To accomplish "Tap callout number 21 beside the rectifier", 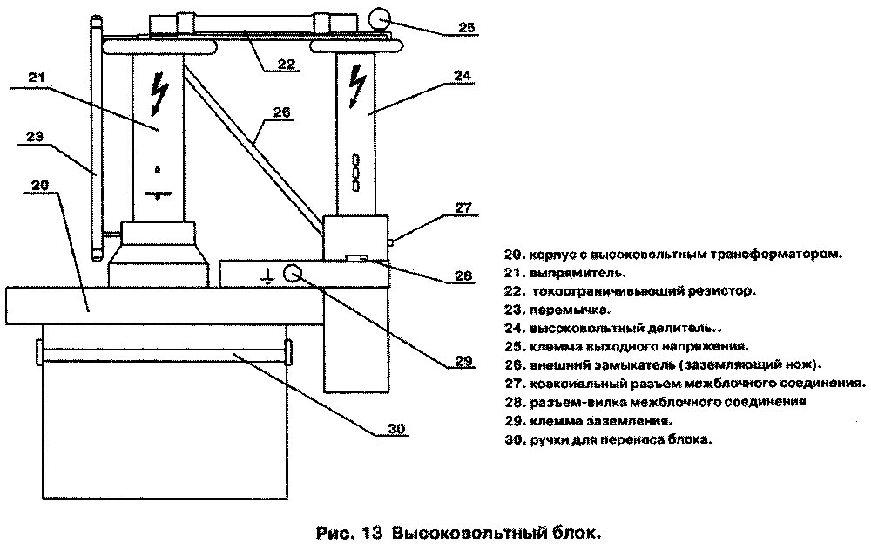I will (35, 77).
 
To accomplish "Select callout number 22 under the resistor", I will (286, 63).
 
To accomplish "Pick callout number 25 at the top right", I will (467, 27).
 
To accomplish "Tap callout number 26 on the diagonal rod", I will (280, 112).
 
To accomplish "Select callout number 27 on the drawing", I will (462, 207).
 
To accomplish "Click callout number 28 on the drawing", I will (463, 276).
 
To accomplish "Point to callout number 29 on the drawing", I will (463, 359).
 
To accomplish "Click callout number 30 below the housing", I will (396, 428).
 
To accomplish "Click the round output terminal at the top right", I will (380, 18).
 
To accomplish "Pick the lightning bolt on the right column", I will (356, 86).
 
